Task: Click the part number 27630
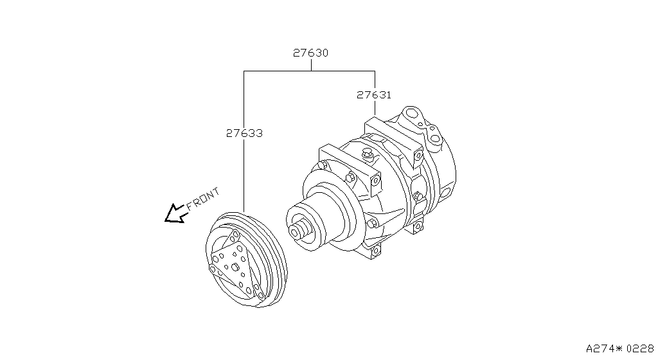(311, 53)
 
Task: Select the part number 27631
(374, 94)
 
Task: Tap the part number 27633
(244, 133)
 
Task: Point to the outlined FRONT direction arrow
(174, 213)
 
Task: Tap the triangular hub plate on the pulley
(235, 269)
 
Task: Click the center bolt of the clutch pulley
(236, 268)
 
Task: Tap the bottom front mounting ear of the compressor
(373, 249)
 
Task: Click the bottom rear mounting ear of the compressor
(418, 226)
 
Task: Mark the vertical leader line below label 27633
(244, 174)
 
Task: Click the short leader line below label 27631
(374, 109)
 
